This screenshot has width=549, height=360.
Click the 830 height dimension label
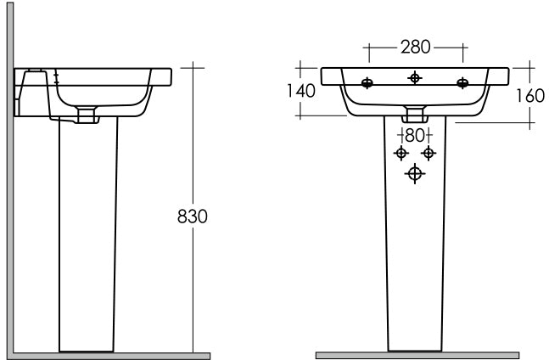pos(193,217)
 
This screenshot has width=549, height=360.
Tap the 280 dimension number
pos(415,47)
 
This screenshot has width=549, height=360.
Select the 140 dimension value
pos(301,91)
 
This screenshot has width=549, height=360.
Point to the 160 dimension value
pos(530,96)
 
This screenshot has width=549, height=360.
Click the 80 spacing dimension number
pos(415,136)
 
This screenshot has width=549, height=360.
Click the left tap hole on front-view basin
pos(367,83)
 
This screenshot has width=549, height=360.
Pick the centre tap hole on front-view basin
pos(415,78)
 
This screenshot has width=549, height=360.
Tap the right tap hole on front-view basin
pos(462,83)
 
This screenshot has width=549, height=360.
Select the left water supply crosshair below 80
pos(401,153)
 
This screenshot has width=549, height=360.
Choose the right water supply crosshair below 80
pos(429,153)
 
